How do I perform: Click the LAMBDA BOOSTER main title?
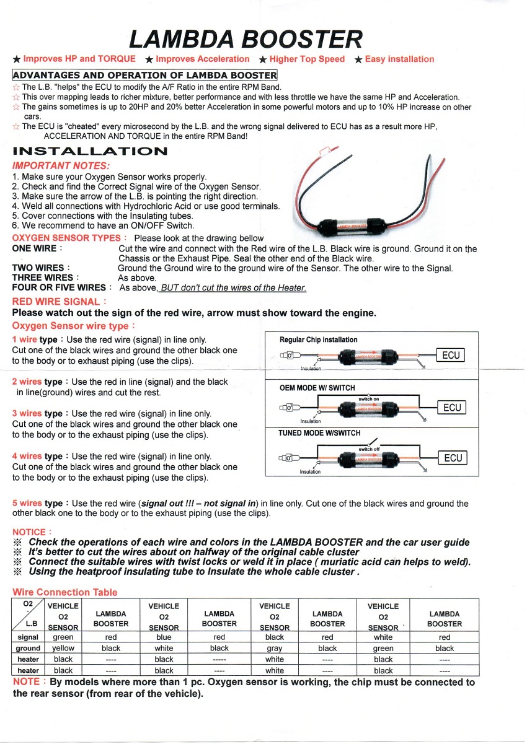tap(246, 40)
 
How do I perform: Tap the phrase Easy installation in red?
tap(399, 59)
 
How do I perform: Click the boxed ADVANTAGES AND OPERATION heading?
tap(144, 75)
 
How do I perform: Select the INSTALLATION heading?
tap(90, 151)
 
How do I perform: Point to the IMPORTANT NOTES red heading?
tap(61, 166)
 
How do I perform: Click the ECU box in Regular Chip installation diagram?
tap(451, 355)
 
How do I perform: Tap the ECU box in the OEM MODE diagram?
tap(452, 407)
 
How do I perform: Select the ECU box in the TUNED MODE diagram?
tap(453, 458)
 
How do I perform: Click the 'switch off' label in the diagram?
tap(369, 449)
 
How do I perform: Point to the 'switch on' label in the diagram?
tap(368, 399)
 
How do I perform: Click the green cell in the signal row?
tap(63, 637)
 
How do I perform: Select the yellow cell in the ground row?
tap(63, 648)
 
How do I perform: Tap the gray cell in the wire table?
tap(274, 649)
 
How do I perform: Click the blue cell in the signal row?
tap(164, 637)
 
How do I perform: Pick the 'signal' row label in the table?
tap(28, 637)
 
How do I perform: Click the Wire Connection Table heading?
tap(65, 592)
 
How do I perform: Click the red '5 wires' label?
tap(27, 503)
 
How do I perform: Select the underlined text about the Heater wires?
tap(232, 287)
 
